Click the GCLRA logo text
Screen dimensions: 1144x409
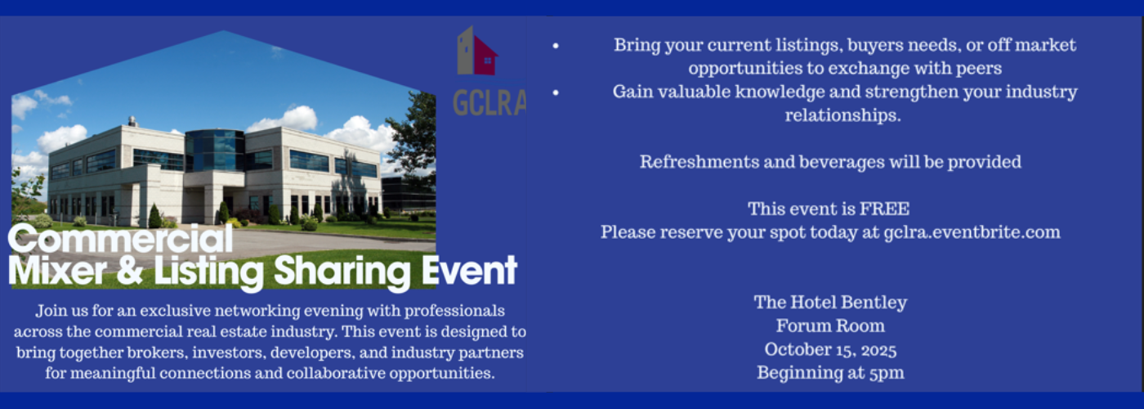click(489, 103)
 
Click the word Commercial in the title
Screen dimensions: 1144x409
click(121, 238)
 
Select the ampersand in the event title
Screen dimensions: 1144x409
click(130, 270)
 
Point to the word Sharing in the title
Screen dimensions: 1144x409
click(342, 273)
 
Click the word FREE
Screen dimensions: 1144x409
click(884, 209)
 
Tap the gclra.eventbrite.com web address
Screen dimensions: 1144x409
click(972, 232)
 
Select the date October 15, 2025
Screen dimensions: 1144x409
click(830, 350)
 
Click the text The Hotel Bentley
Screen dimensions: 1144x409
click(830, 303)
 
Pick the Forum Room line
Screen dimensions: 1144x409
click(830, 326)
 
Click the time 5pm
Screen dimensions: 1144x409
click(887, 373)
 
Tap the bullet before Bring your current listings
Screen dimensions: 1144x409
click(556, 46)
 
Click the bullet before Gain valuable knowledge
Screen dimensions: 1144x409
click(556, 92)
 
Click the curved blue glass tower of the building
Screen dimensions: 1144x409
click(214, 151)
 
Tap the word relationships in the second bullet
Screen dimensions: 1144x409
click(842, 115)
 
